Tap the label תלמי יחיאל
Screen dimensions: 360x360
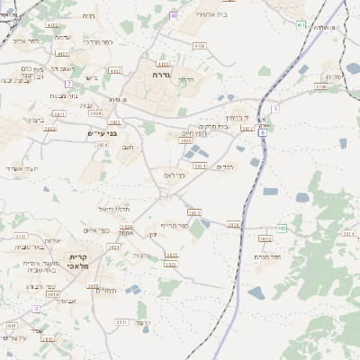coord(117,209)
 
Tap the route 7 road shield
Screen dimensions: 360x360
coord(68,84)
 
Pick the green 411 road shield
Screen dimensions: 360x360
coord(300,24)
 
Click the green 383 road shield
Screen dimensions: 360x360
coord(282,229)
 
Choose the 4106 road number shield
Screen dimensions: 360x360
coord(199,45)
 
